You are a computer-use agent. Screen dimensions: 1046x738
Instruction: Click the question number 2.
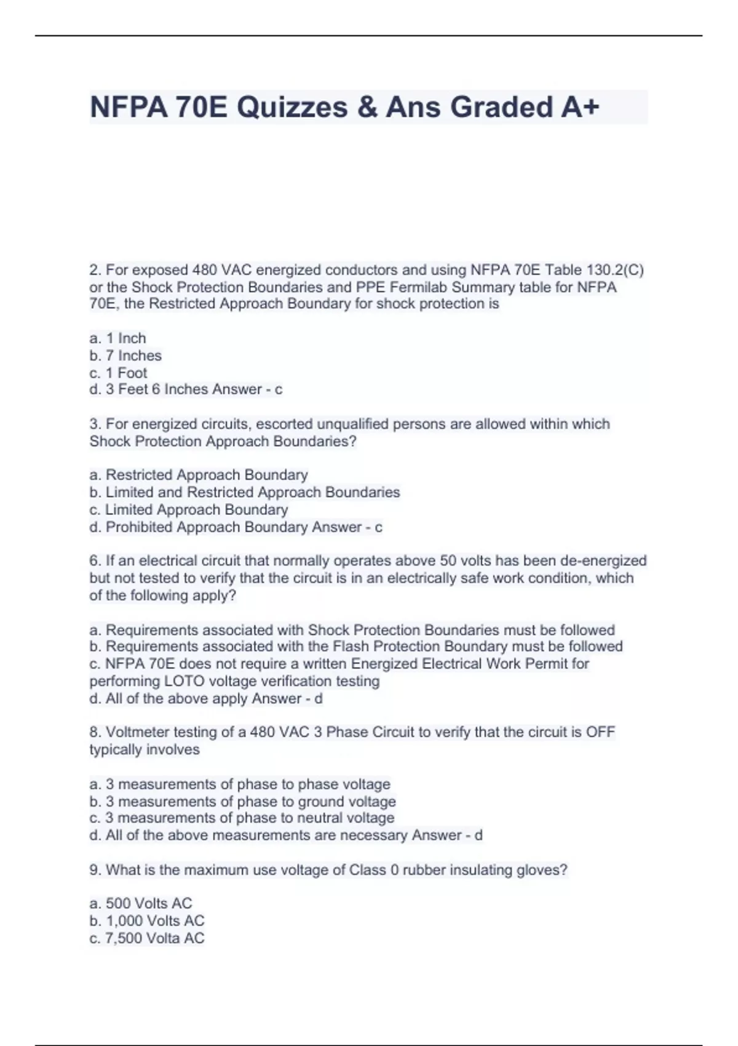pos(95,270)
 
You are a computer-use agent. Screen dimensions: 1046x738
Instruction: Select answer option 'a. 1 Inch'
pos(117,338)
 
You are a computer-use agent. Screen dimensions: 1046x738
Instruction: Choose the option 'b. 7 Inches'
pos(125,356)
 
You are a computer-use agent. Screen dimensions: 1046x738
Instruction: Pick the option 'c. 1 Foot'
pos(118,373)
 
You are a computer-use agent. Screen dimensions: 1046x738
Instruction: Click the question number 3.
pos(95,424)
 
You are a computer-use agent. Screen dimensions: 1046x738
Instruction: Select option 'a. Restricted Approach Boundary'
pos(199,475)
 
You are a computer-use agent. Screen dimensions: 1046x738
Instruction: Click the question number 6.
pos(95,561)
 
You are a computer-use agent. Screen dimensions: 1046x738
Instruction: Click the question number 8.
pos(95,732)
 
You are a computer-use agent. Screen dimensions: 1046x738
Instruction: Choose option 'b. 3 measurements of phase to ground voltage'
pos(242,802)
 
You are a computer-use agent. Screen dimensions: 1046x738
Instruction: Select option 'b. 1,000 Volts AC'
pos(146,921)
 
